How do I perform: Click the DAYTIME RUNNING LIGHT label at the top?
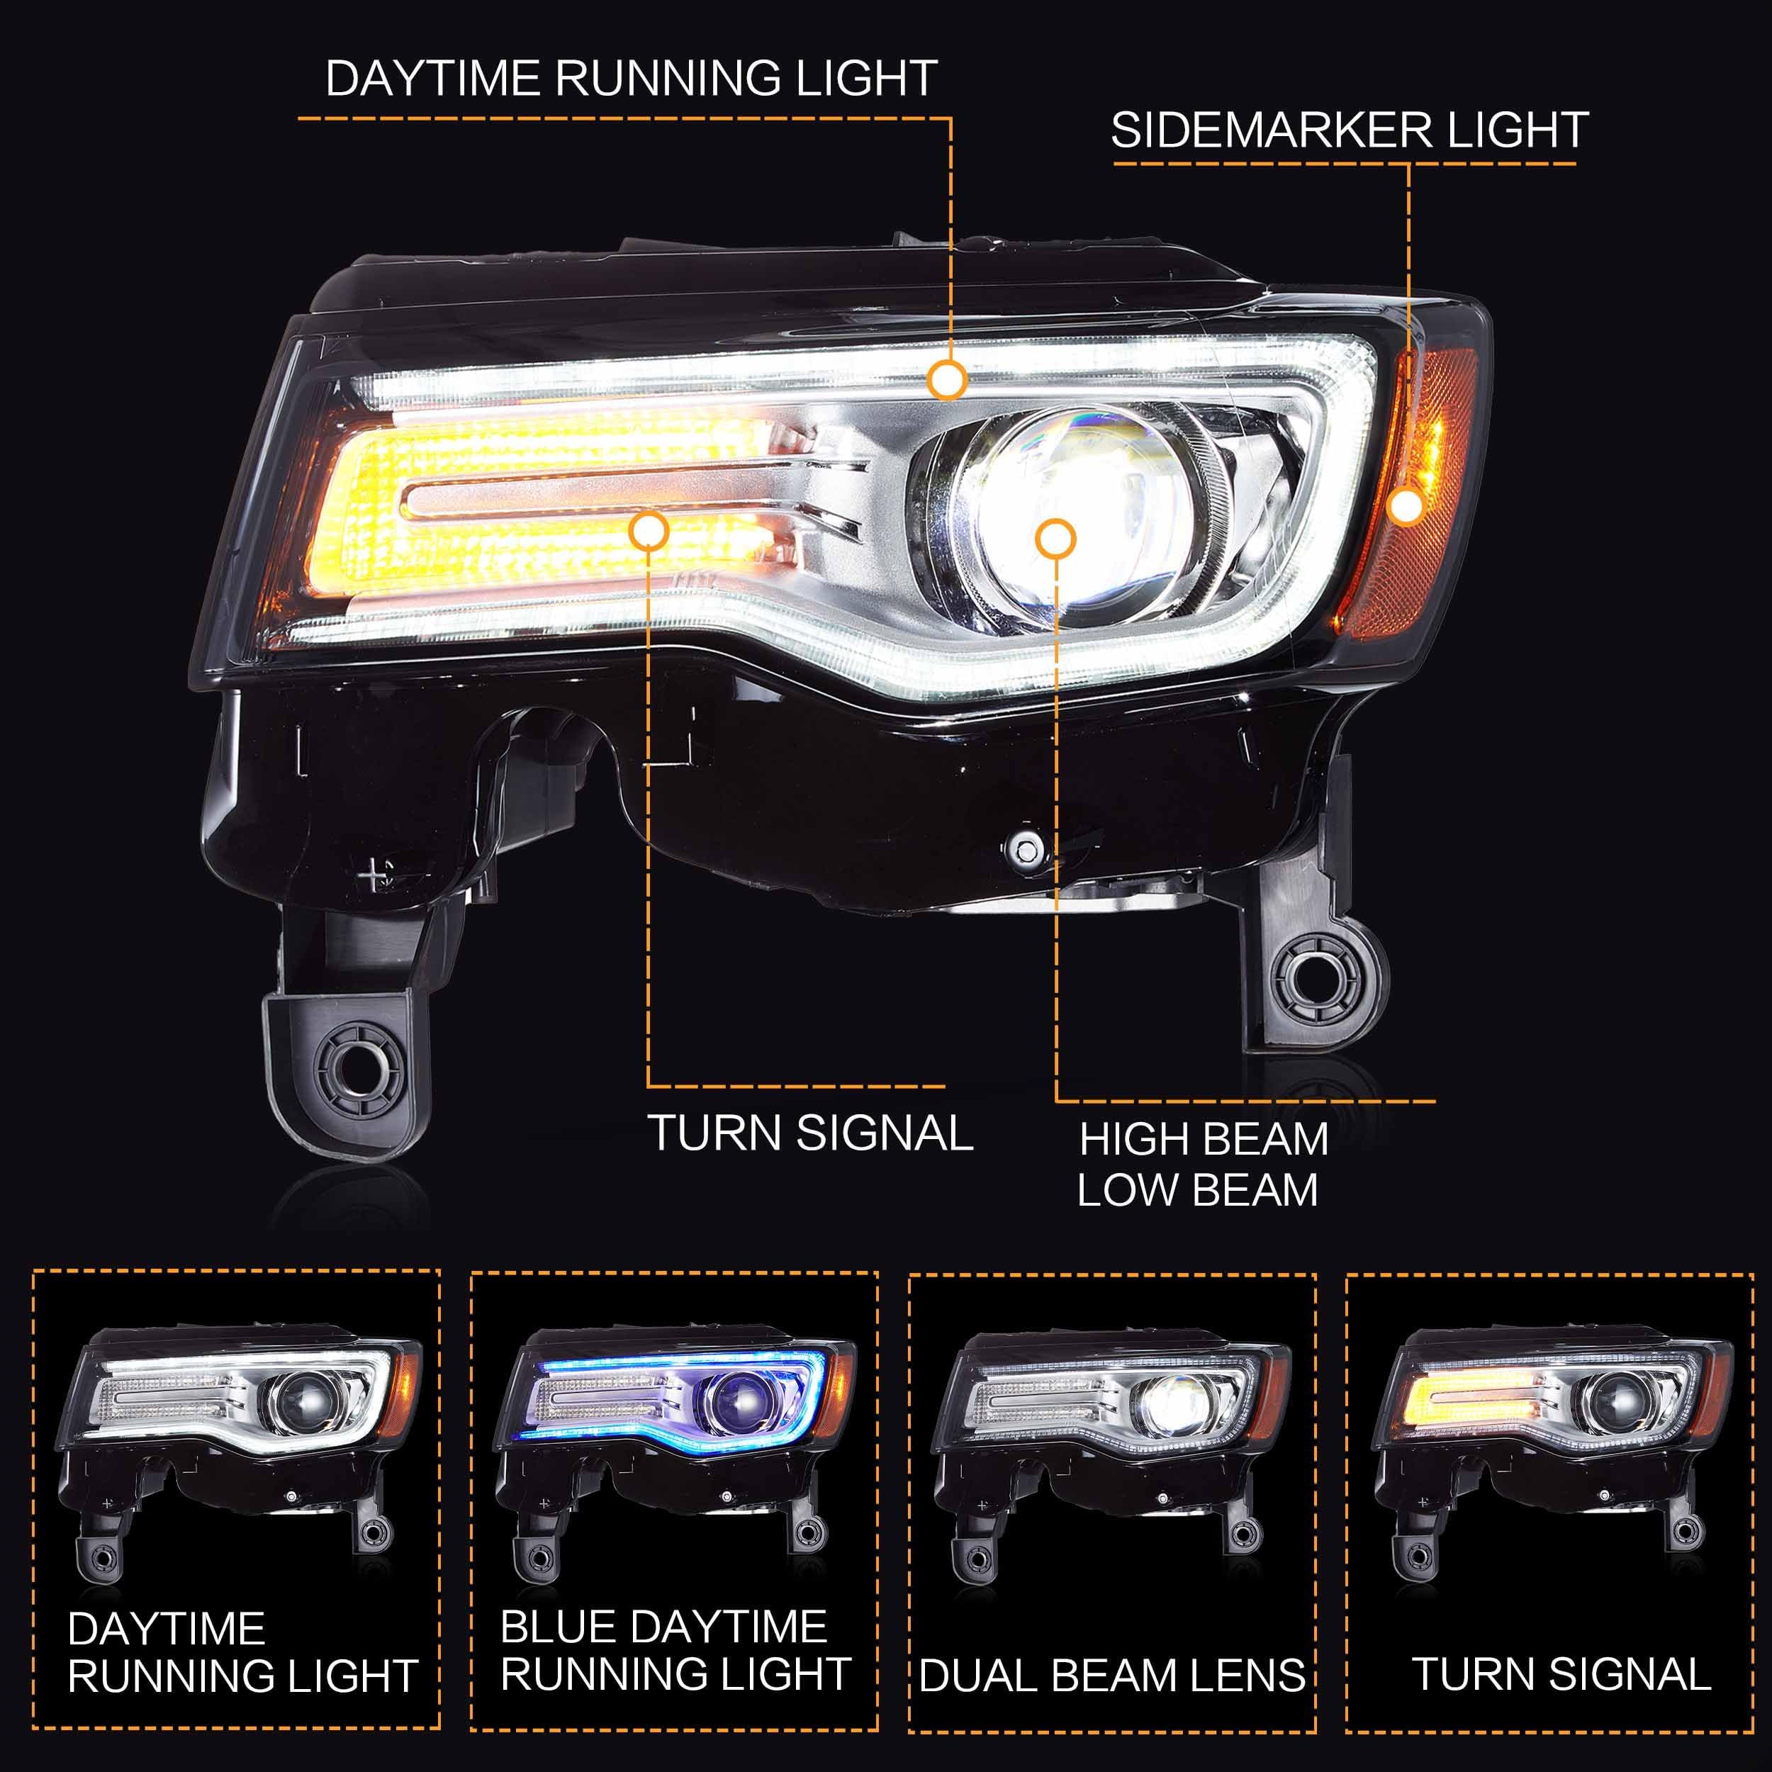[631, 78]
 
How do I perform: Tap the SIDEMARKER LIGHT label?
[1348, 130]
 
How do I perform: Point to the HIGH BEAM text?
[1204, 1140]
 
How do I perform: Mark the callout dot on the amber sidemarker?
[1406, 505]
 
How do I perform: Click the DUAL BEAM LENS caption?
[1111, 1675]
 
